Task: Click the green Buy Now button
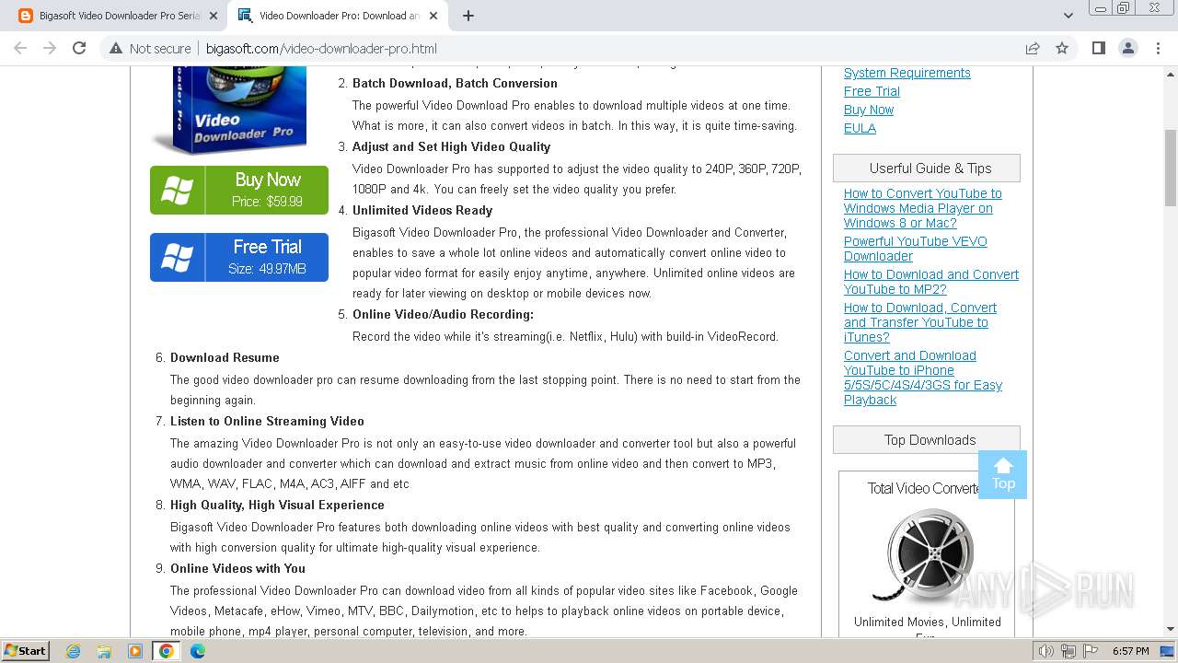[239, 190]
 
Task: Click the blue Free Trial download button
[239, 257]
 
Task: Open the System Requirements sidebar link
[907, 73]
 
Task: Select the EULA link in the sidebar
[860, 128]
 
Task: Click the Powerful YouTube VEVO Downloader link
[915, 249]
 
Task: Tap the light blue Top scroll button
[1003, 474]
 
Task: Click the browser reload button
[79, 48]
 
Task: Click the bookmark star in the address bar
[1062, 48]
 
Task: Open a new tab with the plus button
[468, 16]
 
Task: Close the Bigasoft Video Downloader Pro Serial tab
[214, 16]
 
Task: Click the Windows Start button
[25, 651]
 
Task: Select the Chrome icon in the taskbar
[167, 651]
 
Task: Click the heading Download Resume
[225, 357]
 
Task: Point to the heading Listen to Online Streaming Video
[267, 421]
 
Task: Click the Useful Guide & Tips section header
[930, 168]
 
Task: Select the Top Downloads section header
[930, 439]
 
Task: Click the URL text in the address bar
[321, 49]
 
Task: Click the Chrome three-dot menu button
[1158, 48]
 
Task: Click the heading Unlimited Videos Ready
[422, 210]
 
